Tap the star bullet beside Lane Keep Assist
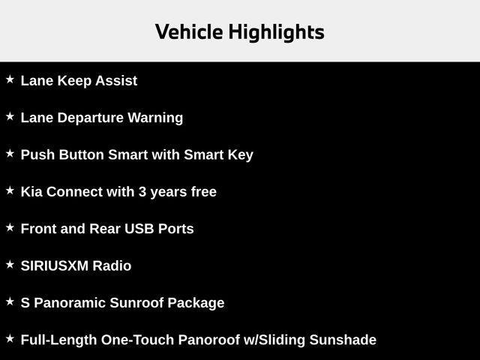click(10, 79)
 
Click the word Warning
click(155, 118)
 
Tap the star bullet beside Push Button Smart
click(10, 153)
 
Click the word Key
click(240, 155)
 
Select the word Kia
click(31, 192)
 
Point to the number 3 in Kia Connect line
click(142, 192)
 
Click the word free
click(203, 192)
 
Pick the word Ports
click(175, 229)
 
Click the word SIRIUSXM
click(55, 266)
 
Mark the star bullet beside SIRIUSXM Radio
click(10, 264)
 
